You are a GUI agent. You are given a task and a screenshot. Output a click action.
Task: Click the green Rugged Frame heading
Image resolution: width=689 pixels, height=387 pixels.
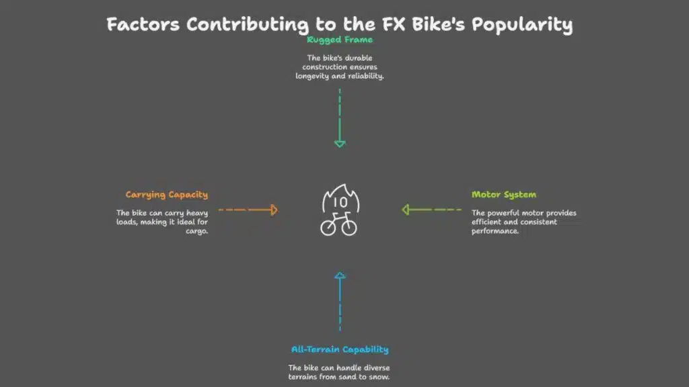(340, 40)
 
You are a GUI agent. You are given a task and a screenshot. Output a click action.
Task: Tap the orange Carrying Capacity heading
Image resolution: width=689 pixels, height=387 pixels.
(167, 195)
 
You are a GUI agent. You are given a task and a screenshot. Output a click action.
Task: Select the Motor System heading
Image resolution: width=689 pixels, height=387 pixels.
(504, 195)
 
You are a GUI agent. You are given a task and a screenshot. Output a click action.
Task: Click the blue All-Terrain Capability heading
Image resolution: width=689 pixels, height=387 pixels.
(340, 349)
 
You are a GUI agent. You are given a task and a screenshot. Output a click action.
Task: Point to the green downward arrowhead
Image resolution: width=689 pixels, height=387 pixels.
(340, 143)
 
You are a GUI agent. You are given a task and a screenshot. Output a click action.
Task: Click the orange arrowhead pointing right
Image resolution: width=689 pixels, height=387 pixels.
(273, 210)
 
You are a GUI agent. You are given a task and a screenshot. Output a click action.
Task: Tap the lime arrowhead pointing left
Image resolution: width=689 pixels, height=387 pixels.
(406, 210)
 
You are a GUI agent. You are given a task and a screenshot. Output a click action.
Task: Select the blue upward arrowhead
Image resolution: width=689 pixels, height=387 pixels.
(340, 275)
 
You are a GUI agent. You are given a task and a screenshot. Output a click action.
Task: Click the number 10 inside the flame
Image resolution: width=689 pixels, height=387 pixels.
(340, 202)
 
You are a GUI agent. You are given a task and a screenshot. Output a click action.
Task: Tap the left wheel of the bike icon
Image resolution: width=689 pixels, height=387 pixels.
(328, 228)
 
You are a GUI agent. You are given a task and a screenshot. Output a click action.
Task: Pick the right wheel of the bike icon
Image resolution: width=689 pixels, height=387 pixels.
(349, 228)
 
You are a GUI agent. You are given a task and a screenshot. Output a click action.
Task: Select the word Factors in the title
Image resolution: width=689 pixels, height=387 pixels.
(143, 25)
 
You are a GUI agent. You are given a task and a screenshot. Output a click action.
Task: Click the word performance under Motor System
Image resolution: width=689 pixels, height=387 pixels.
(495, 231)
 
